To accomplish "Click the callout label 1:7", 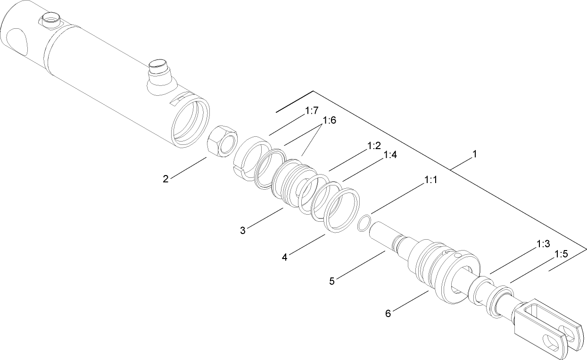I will tap(312, 111).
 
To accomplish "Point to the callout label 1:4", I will tap(390, 155).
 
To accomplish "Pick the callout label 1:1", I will tap(431, 180).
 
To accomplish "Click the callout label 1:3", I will tap(543, 244).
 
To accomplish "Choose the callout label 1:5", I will tap(561, 254).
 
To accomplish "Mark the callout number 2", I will tap(165, 179).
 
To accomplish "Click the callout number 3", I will tap(242, 230).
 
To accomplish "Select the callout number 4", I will tap(285, 257).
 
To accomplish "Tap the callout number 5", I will tap(332, 281).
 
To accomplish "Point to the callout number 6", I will tap(388, 313).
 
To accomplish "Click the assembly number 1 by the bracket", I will tap(475, 154).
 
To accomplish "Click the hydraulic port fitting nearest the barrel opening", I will tap(158, 71).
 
